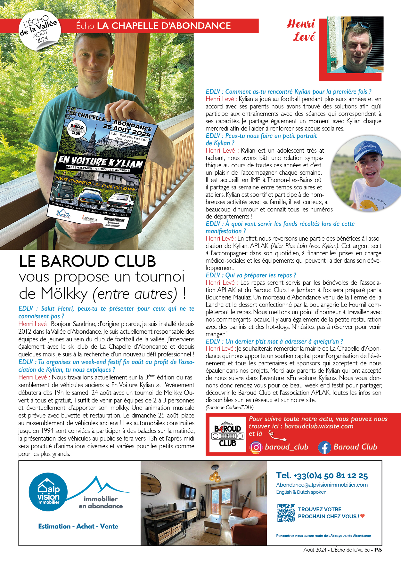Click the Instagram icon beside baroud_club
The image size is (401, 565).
click(256, 447)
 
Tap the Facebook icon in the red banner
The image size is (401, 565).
click(324, 447)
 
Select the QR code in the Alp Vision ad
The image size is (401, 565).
click(286, 513)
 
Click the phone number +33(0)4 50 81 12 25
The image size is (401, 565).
click(322, 476)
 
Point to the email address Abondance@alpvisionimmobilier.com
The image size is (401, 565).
click(322, 485)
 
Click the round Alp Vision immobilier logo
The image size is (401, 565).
click(48, 492)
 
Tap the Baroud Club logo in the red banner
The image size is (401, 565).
click(227, 434)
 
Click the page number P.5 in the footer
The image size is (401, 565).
click(378, 550)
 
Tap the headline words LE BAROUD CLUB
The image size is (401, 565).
click(87, 261)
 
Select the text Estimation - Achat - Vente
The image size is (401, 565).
click(78, 526)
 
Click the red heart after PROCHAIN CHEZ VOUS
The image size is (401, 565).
click(363, 516)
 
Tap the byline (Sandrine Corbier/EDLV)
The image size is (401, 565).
click(230, 407)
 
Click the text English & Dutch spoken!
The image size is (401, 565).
click(302, 492)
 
